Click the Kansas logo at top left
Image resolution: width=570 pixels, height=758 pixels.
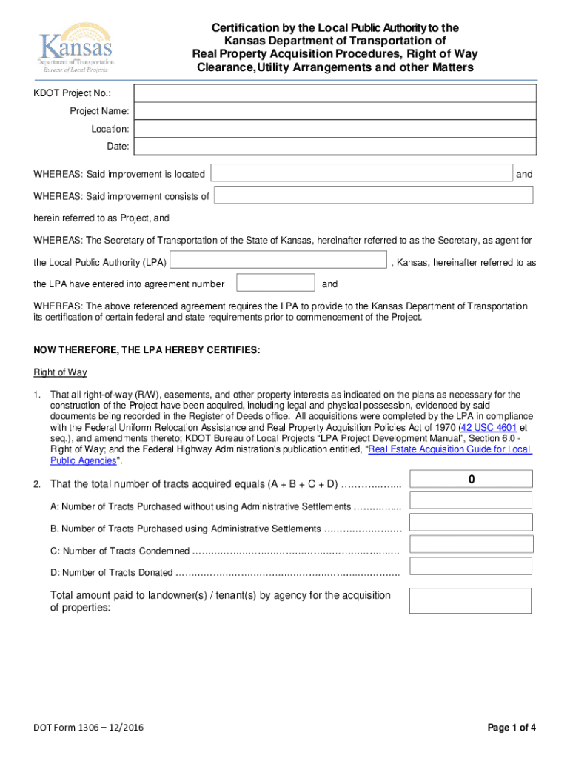75,51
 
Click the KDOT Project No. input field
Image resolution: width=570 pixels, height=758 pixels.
335,93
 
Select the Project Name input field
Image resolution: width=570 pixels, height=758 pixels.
335,111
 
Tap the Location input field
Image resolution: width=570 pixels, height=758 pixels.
335,129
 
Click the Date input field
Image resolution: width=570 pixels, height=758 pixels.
335,147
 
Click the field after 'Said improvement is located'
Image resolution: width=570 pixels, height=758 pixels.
361,174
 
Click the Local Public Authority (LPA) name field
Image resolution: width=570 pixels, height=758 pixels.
278,261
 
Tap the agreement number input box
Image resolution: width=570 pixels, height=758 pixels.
275,283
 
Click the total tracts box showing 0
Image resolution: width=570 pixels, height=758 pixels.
470,480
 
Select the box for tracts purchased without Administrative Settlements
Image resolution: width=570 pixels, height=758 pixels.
470,500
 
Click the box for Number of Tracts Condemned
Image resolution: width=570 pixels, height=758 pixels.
470,544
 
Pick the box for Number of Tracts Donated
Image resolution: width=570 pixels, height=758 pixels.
470,566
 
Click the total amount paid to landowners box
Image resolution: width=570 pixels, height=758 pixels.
470,600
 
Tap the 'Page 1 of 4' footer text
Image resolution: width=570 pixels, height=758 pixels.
512,728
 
